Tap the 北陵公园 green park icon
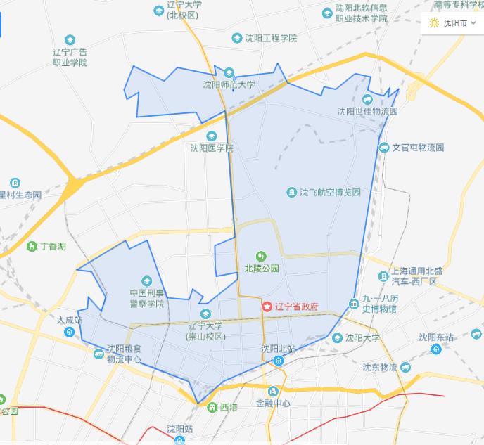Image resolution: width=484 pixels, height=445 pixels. pyautogui.click(x=262, y=256)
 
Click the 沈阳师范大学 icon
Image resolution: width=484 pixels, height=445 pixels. pyautogui.click(x=229, y=73)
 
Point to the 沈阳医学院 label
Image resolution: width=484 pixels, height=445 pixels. pyautogui.click(x=212, y=148)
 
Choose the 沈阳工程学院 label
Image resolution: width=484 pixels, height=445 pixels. pyautogui.click(x=270, y=37)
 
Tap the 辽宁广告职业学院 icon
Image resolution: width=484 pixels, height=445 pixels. pyautogui.click(x=69, y=40)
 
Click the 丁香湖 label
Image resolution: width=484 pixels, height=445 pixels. pyautogui.click(x=53, y=247)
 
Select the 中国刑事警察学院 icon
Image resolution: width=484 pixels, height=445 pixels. pyautogui.click(x=147, y=280)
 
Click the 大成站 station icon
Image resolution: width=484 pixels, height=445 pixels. pyautogui.click(x=69, y=332)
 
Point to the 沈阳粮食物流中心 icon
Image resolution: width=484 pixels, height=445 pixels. pyautogui.click(x=98, y=354)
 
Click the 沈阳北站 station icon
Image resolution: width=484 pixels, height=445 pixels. pyautogui.click(x=279, y=361)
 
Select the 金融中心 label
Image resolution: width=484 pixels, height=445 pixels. pyautogui.click(x=273, y=404)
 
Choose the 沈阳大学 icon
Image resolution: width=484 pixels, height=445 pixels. pyautogui.click(x=338, y=338)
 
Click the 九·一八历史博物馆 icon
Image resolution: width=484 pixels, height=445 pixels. pyautogui.click(x=353, y=304)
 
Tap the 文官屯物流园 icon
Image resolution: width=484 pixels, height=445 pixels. pyautogui.click(x=384, y=148)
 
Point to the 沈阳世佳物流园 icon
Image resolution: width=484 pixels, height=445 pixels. pyautogui.click(x=367, y=99)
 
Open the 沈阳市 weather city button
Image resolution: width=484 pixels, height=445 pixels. pyautogui.click(x=453, y=22)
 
